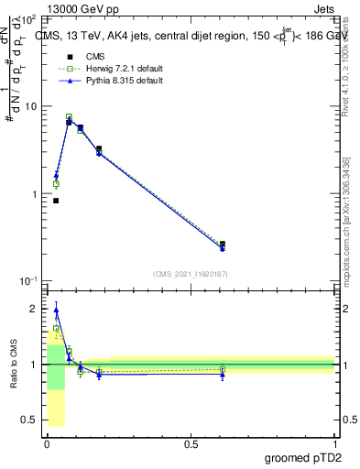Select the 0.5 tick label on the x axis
coord(191,444)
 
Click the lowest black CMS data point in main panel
coord(56,201)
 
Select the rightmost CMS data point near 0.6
coord(223,245)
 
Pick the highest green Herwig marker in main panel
coord(69,117)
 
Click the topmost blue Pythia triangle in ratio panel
coord(56,310)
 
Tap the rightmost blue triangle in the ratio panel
coord(223,375)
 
